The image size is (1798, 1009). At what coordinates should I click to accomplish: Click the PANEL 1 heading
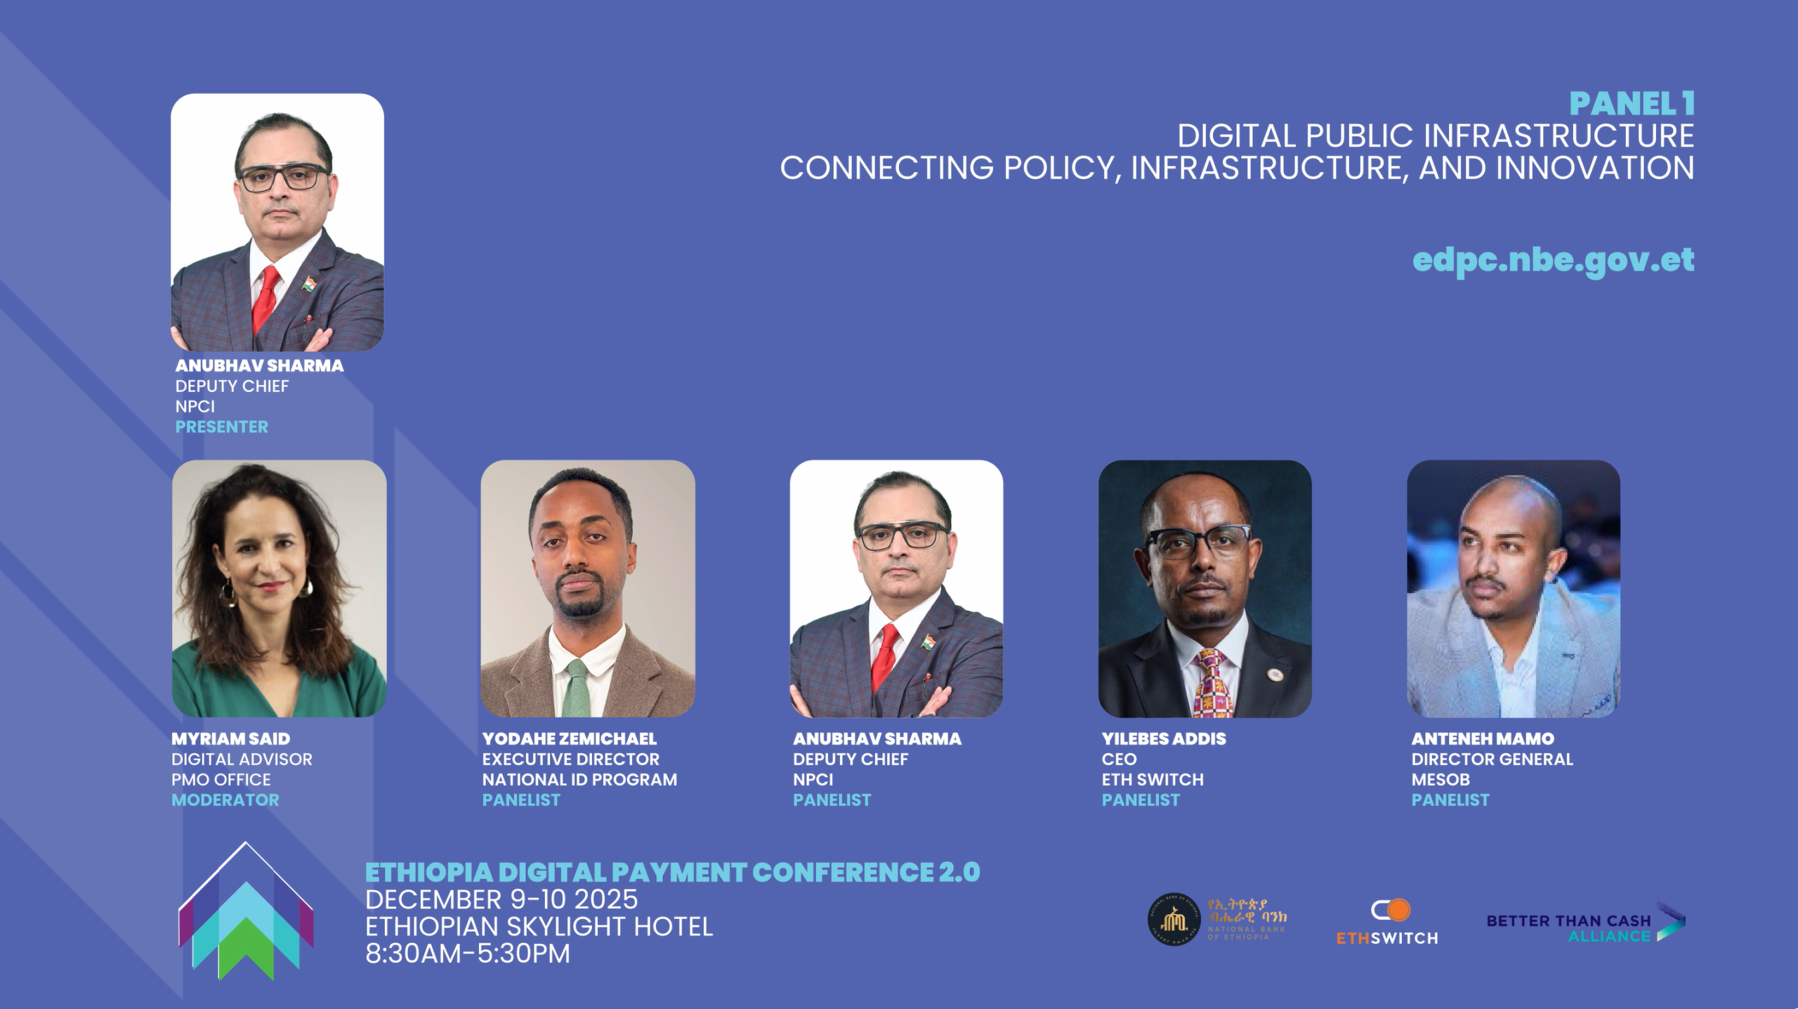pyautogui.click(x=1632, y=104)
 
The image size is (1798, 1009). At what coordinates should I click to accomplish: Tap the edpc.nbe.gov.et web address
pyautogui.click(x=1553, y=260)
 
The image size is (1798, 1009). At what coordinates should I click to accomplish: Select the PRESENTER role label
pyautogui.click(x=221, y=427)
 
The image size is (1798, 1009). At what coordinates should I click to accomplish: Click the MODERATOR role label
pyautogui.click(x=225, y=800)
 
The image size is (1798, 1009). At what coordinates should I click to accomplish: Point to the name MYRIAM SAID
pyautogui.click(x=230, y=738)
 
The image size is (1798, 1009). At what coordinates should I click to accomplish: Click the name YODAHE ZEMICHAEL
pyautogui.click(x=569, y=738)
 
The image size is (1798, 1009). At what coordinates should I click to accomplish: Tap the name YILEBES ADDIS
pyautogui.click(x=1163, y=738)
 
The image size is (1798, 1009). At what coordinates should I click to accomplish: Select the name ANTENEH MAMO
pyautogui.click(x=1482, y=738)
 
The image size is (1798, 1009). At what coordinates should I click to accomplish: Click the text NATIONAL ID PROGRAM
pyautogui.click(x=579, y=779)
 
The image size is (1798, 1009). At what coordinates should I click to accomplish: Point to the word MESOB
pyautogui.click(x=1440, y=779)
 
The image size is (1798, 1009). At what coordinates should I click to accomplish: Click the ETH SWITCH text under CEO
pyautogui.click(x=1152, y=779)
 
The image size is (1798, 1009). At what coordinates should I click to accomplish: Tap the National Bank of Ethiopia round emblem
pyautogui.click(x=1174, y=919)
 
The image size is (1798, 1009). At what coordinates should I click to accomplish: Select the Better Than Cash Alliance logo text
pyautogui.click(x=1568, y=927)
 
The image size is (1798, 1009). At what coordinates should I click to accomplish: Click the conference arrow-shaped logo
pyautogui.click(x=246, y=911)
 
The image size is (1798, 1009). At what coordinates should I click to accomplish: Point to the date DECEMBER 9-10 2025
pyautogui.click(x=501, y=899)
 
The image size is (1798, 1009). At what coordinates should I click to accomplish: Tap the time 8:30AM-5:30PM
pyautogui.click(x=467, y=953)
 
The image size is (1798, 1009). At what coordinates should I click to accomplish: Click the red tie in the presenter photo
pyautogui.click(x=265, y=299)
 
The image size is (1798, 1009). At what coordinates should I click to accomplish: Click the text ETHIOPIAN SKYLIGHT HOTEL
pyautogui.click(x=539, y=927)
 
